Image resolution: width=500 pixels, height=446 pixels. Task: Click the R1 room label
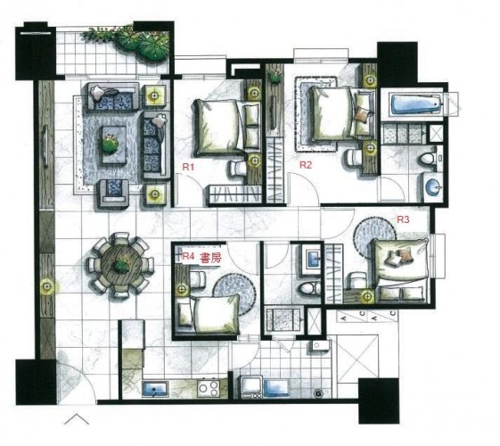point(188,167)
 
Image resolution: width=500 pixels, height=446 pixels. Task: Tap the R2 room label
point(305,165)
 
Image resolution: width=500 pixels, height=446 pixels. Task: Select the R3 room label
point(403,219)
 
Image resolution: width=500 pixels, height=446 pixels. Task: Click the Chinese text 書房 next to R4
point(210,258)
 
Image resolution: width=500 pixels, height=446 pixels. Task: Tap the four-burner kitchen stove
point(209,388)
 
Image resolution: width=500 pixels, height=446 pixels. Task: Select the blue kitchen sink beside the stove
point(155,389)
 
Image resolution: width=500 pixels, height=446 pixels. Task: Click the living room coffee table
point(114,145)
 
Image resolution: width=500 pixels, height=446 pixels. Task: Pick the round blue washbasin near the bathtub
point(433,187)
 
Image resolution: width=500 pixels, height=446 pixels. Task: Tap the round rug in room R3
point(374,235)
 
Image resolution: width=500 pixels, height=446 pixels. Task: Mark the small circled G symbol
point(318,394)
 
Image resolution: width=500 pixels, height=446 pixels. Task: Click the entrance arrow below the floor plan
point(77,419)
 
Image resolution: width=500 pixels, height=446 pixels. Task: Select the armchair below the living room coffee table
point(112,193)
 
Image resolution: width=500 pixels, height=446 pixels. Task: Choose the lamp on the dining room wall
point(46,287)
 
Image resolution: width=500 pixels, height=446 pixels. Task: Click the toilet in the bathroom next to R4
point(309,289)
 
